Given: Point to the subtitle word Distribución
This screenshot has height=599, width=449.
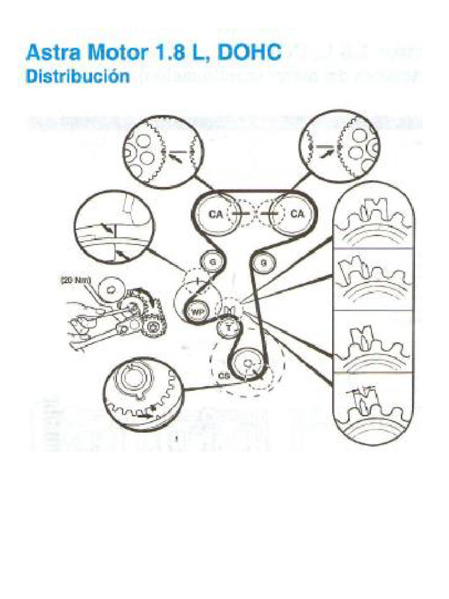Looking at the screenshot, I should point(77,77).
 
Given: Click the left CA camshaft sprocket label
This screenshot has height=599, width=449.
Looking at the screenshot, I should point(216,214).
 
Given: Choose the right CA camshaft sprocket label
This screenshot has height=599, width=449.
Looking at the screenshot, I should point(297,214).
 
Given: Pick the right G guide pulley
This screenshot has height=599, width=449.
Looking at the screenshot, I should point(264,262).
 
